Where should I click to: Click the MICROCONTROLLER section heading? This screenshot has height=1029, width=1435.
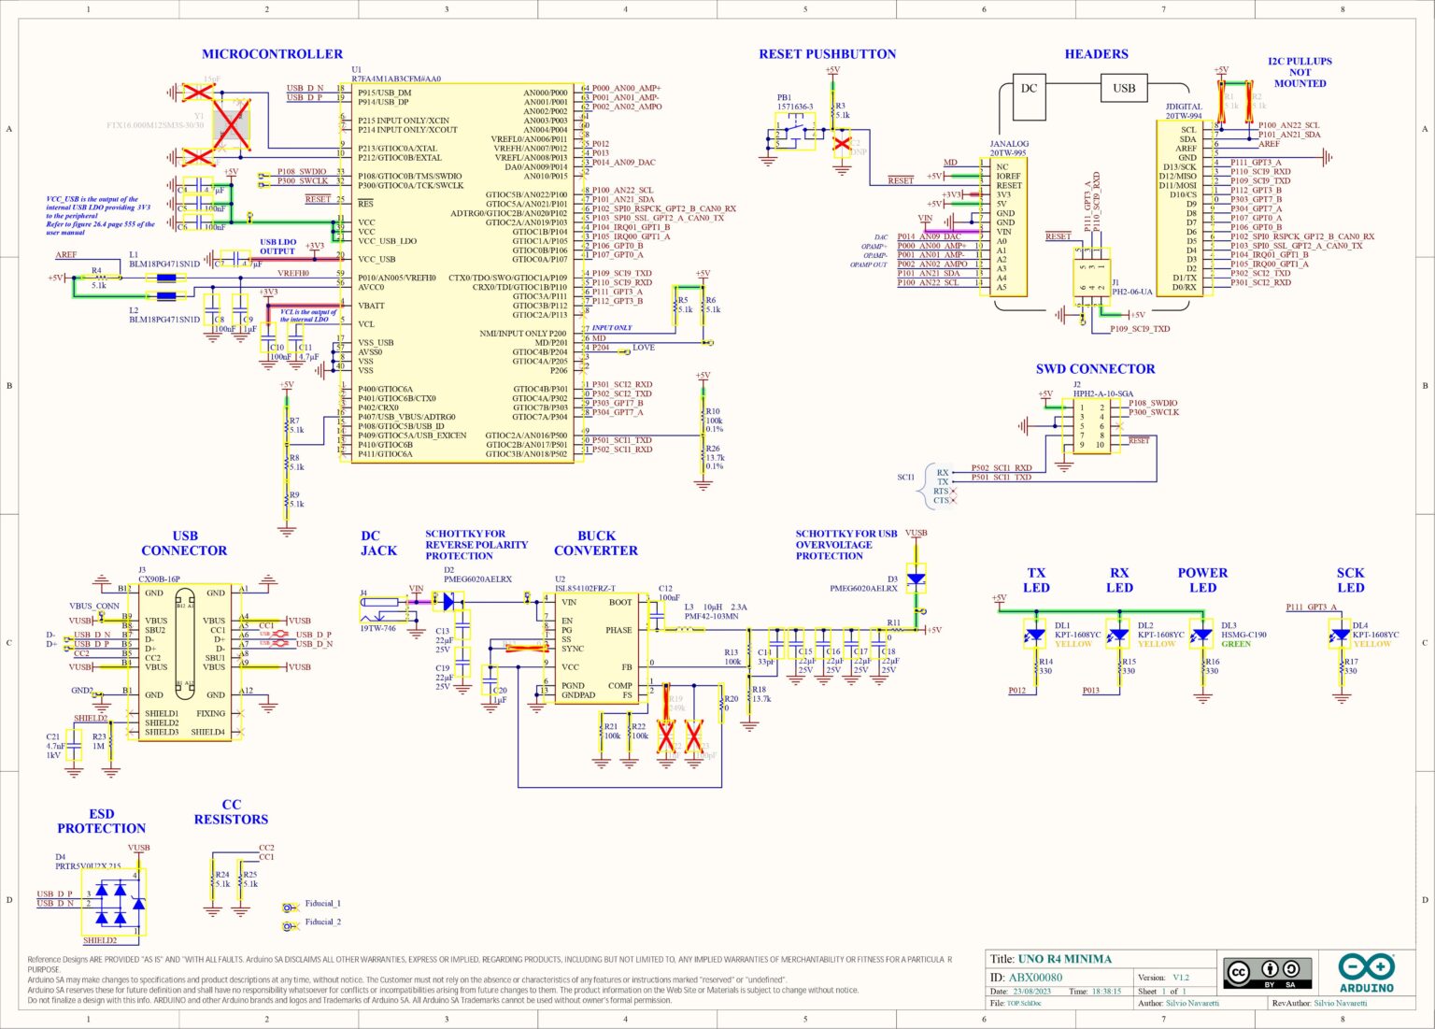(x=272, y=54)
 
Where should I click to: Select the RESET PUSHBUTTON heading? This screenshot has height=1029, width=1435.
(x=827, y=54)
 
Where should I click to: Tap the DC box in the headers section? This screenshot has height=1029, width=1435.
(x=1029, y=89)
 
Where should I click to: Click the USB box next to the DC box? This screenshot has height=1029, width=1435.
(x=1124, y=89)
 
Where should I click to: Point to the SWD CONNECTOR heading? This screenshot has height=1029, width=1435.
(x=1095, y=369)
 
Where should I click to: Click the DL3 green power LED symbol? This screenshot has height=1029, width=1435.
(x=1202, y=636)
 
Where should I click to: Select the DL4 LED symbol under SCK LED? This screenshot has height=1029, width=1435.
(x=1342, y=636)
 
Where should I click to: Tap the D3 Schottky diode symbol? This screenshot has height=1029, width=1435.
(x=916, y=579)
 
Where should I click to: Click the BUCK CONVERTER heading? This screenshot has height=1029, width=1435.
(x=595, y=543)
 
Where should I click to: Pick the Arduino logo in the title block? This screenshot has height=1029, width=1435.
(x=1366, y=973)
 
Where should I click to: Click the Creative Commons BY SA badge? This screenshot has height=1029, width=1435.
(x=1268, y=973)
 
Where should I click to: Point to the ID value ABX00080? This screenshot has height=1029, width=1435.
(x=1035, y=978)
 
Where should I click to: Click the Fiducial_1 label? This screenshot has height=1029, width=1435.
(x=322, y=904)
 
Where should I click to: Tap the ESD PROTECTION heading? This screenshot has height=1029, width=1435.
(x=102, y=822)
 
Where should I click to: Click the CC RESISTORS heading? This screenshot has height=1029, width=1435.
(x=231, y=812)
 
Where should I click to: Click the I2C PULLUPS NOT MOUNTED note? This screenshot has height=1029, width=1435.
(x=1300, y=72)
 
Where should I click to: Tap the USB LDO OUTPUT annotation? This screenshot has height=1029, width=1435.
(x=277, y=247)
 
